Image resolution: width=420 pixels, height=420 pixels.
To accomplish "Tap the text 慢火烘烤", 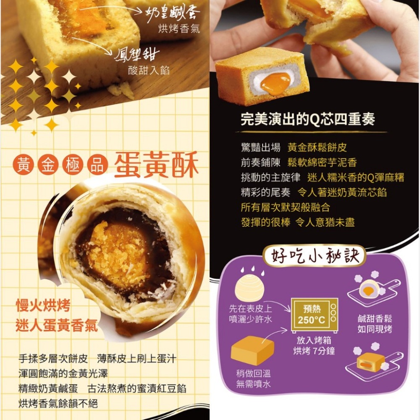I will [x=43, y=306].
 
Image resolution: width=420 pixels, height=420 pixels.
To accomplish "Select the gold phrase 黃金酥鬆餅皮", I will [x=317, y=147].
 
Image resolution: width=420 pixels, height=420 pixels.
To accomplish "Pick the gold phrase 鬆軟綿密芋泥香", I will [x=322, y=162].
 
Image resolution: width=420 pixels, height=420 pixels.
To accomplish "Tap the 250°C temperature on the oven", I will [x=312, y=320].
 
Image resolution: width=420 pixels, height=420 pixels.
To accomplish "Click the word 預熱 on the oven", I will [x=312, y=309].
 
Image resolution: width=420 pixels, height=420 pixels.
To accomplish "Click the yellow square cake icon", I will [x=252, y=349].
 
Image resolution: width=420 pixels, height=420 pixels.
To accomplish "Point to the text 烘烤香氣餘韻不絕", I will [x=58, y=404].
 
